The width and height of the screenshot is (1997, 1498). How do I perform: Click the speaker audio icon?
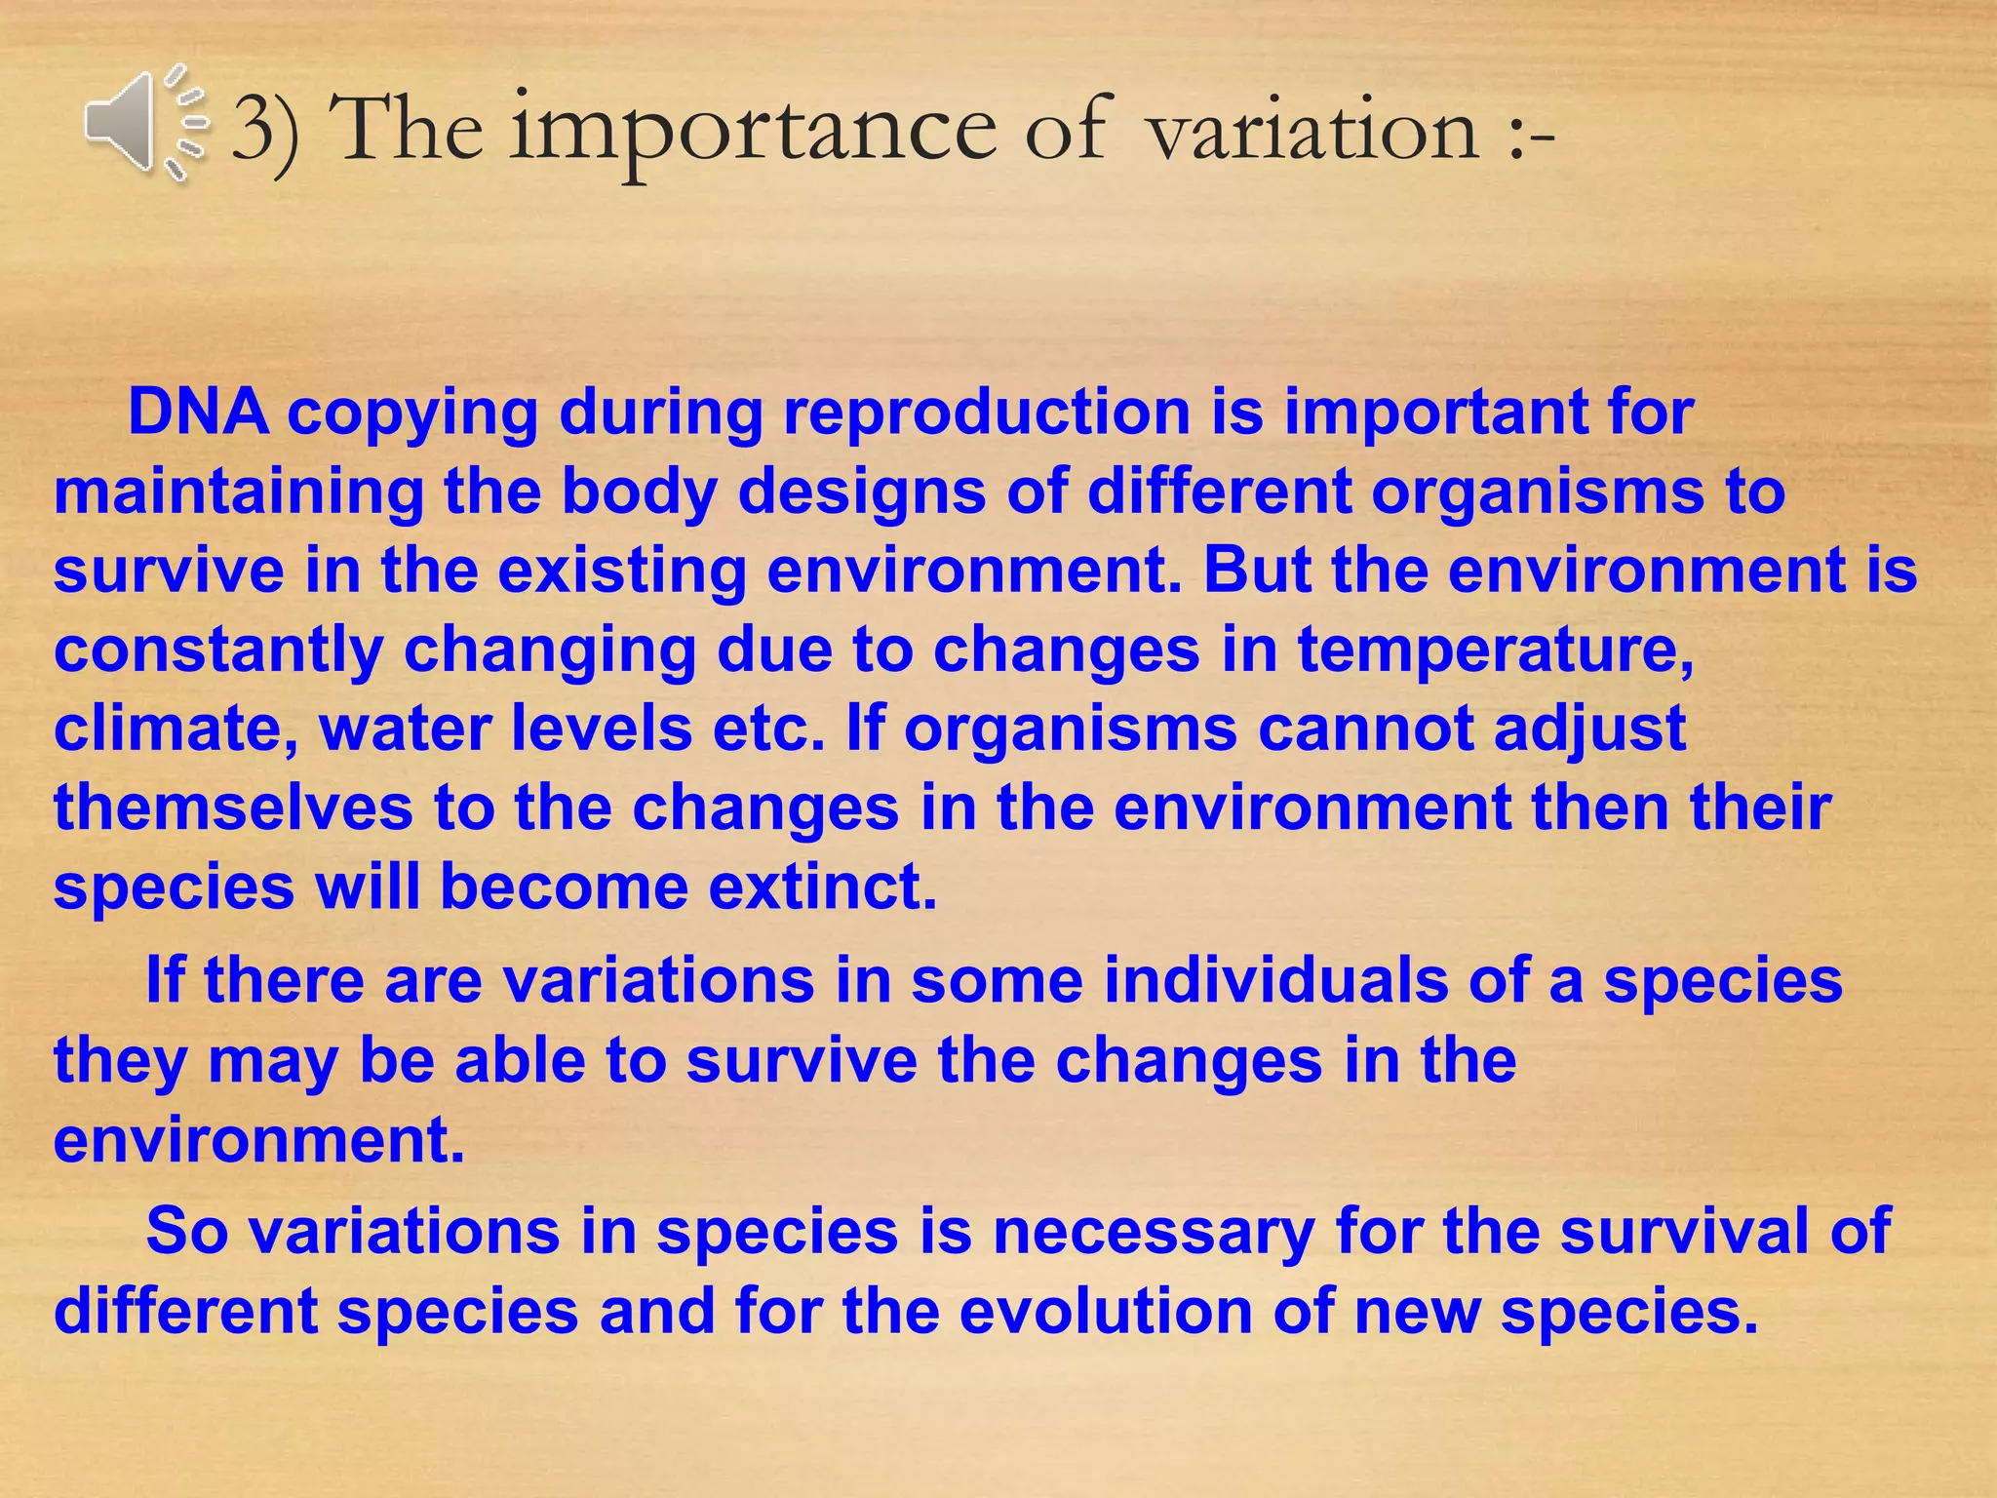pyautogui.click(x=144, y=124)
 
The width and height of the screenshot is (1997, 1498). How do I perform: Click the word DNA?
pyautogui.click(x=198, y=412)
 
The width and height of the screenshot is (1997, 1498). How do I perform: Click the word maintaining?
pyautogui.click(x=238, y=492)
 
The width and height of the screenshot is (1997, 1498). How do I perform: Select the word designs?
pyautogui.click(x=862, y=492)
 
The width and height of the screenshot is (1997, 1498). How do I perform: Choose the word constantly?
pyautogui.click(x=217, y=650)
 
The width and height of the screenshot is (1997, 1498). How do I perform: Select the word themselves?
pyautogui.click(x=233, y=808)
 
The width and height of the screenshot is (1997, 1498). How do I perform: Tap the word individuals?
pyautogui.click(x=1275, y=980)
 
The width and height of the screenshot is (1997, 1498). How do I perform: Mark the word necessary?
pyautogui.click(x=1154, y=1231)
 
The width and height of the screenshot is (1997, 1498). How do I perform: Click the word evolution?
pyautogui.click(x=1106, y=1311)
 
